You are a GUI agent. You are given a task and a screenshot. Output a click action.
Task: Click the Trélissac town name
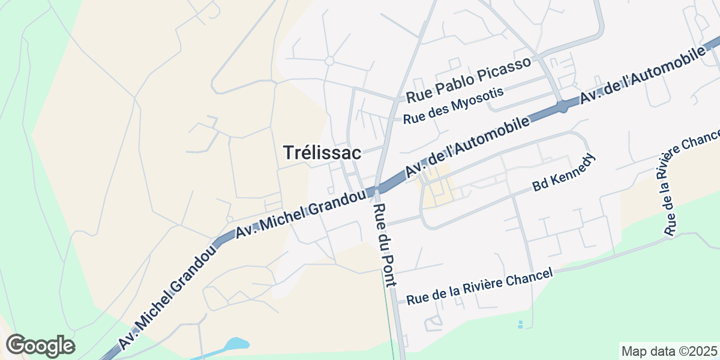coord(322,153)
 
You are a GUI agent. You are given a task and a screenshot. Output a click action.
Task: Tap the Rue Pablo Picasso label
coord(469,79)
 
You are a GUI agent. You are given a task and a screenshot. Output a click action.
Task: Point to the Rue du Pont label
coord(383,246)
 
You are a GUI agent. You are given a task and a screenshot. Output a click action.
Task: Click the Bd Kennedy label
coord(564,173)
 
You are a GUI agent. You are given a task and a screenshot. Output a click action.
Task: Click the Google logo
coord(40,346)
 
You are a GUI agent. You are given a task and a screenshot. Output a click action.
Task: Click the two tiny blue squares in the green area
coord(520,325)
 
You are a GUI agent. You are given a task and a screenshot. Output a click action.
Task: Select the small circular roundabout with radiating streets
coord(329,61)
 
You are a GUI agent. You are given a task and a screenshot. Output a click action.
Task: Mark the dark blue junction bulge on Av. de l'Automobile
coord(563,107)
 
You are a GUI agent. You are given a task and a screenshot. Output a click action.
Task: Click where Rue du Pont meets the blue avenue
coord(374,191)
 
